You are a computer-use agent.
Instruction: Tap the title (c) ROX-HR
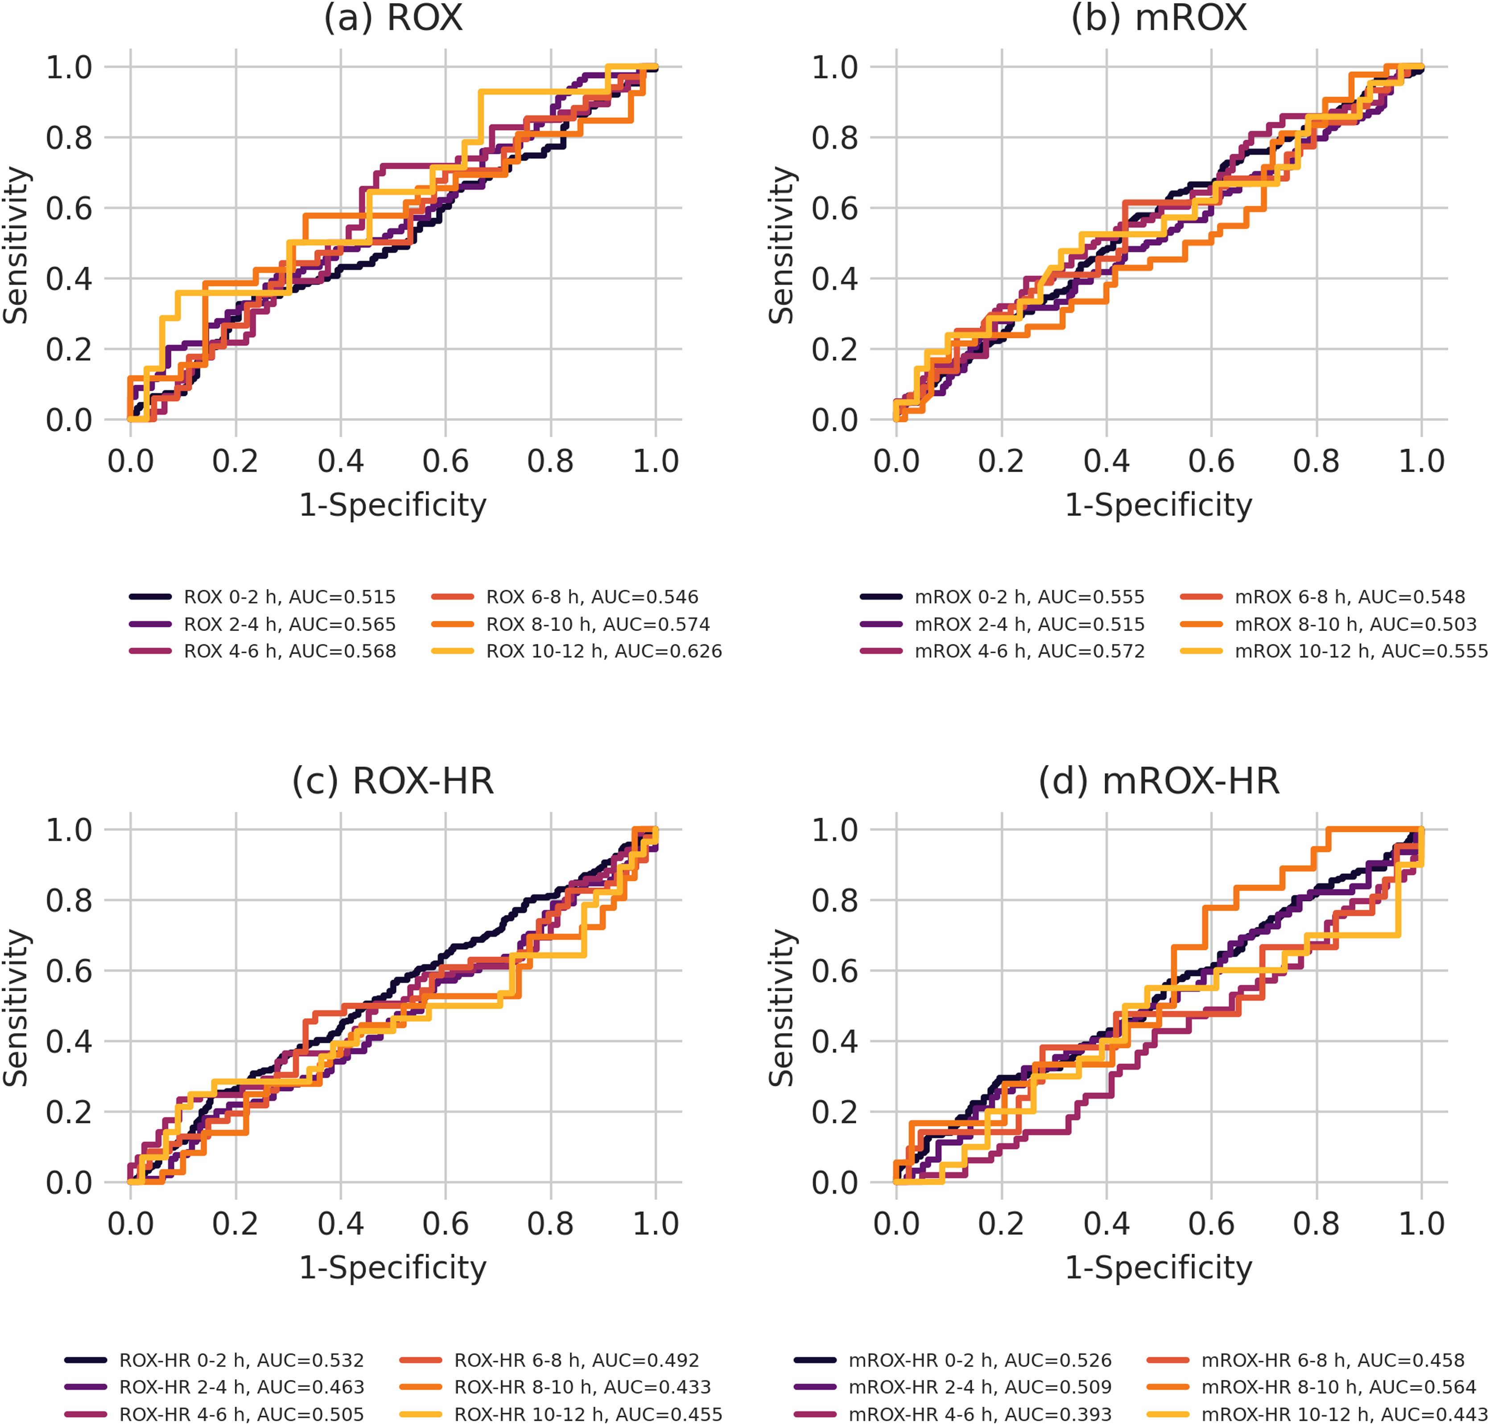[x=393, y=781]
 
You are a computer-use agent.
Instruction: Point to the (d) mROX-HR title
[x=1159, y=781]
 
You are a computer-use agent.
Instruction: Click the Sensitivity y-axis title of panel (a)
[x=17, y=245]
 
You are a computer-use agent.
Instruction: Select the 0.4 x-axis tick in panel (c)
[x=340, y=1224]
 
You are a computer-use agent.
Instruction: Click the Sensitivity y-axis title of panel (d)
[x=783, y=1007]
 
